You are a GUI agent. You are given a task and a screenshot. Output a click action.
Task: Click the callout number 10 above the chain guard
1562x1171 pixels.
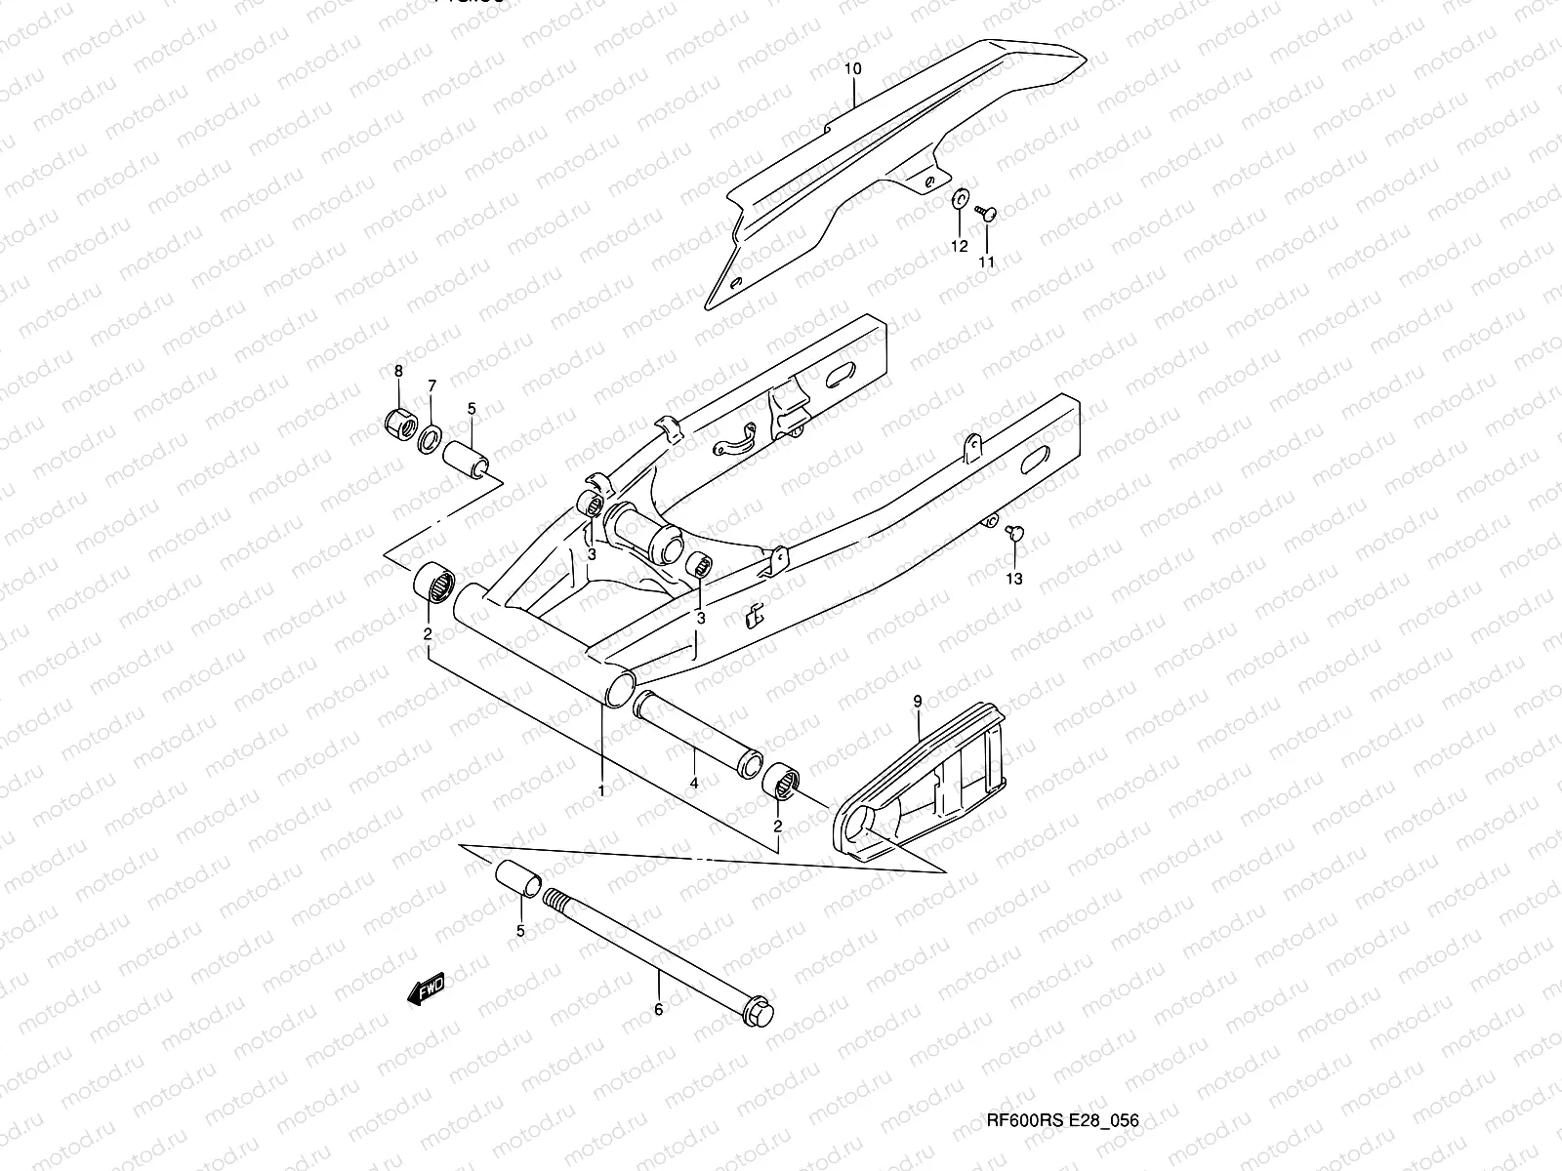tap(852, 69)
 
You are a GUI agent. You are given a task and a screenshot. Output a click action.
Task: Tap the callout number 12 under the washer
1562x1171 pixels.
tap(960, 246)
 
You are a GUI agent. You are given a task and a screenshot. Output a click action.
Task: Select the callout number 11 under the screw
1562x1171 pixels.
tap(987, 262)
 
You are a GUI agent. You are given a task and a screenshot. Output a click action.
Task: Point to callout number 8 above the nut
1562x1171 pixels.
tap(398, 371)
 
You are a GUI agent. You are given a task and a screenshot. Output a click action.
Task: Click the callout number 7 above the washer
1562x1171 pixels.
tap(432, 386)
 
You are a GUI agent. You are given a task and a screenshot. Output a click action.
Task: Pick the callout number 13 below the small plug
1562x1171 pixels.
tap(1014, 579)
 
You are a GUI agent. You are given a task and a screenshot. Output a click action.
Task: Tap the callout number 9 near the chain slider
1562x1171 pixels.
tap(918, 701)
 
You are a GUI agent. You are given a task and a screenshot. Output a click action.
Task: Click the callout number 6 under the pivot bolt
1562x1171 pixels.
tap(658, 1009)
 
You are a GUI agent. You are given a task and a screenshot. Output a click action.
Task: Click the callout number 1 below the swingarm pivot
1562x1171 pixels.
tap(601, 789)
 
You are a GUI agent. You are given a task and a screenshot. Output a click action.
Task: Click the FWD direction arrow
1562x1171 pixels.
tap(427, 990)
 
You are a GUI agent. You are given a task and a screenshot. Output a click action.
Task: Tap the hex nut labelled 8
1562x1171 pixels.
tap(399, 424)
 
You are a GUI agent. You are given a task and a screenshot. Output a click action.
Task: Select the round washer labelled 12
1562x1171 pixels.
tap(961, 200)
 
